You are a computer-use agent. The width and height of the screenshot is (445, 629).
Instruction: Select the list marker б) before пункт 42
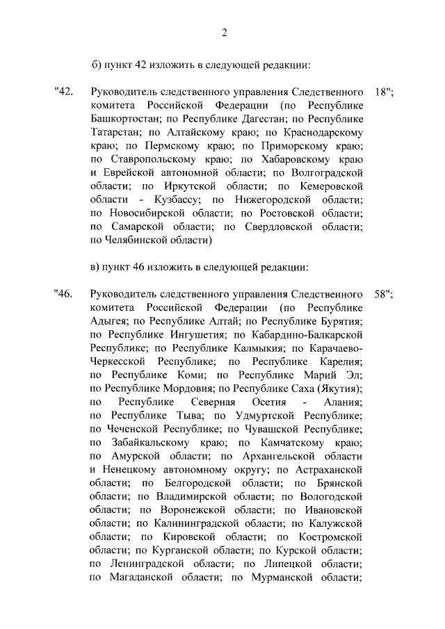point(97,65)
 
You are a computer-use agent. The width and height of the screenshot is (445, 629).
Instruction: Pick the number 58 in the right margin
point(381,293)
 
